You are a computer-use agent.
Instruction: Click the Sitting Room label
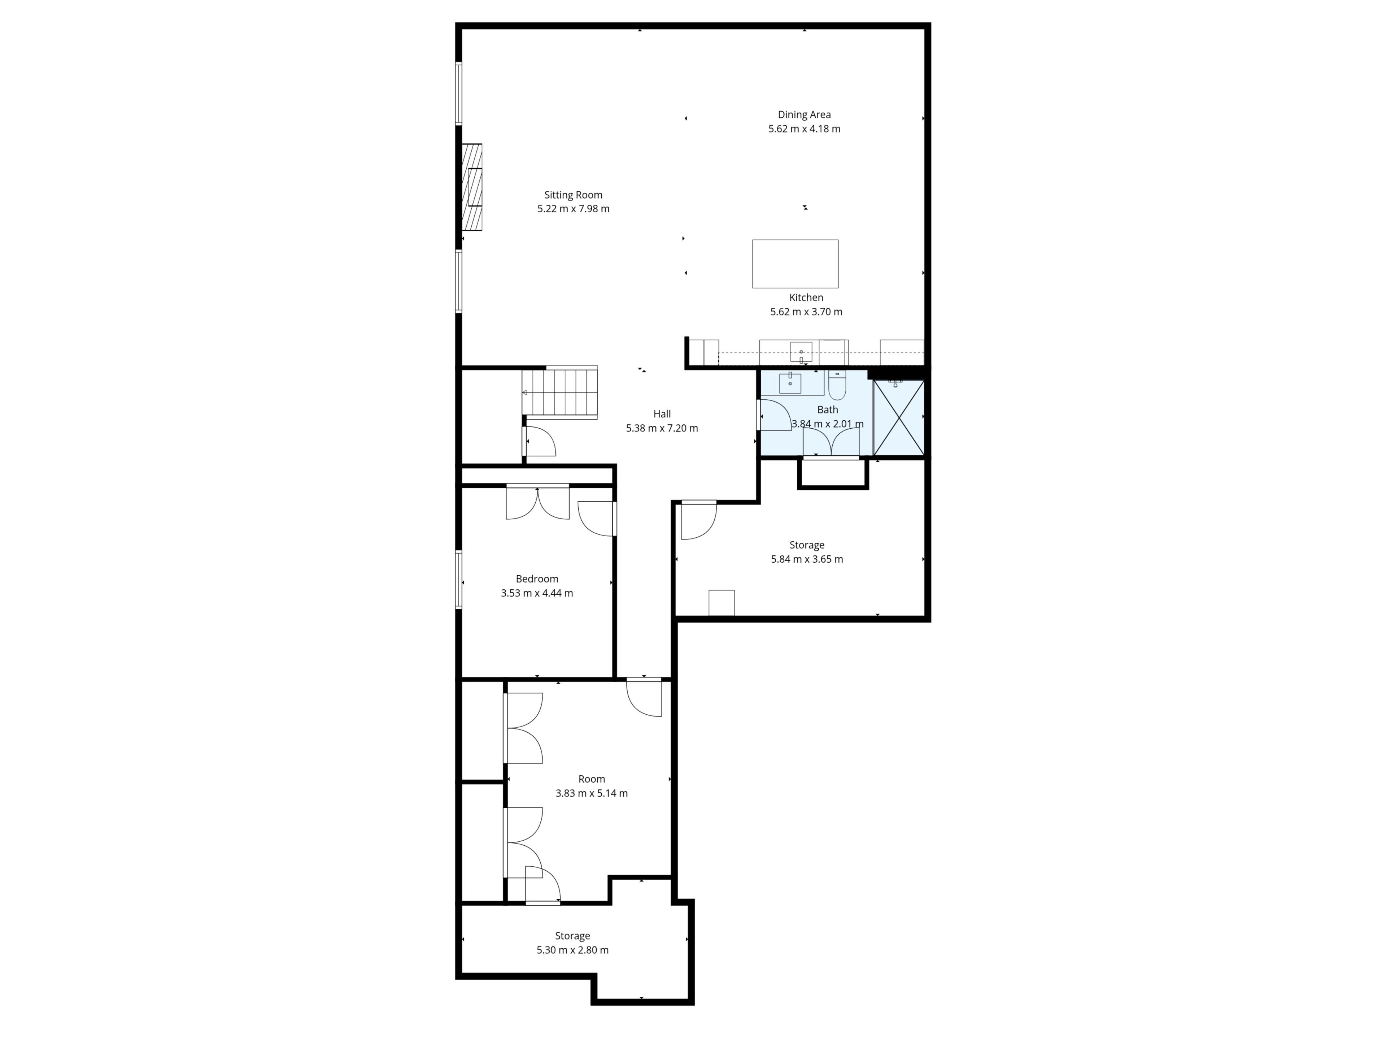click(x=573, y=195)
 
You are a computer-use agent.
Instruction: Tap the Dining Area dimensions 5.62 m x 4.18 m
click(x=805, y=129)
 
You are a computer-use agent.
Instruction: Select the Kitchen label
click(x=806, y=298)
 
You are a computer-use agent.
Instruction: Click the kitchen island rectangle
click(x=795, y=264)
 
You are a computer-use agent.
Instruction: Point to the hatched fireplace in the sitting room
click(x=472, y=187)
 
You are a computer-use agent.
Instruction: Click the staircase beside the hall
click(x=559, y=393)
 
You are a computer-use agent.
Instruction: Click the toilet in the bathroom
click(x=837, y=385)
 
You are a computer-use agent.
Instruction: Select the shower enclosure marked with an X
click(x=898, y=417)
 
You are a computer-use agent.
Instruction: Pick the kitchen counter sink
click(x=801, y=352)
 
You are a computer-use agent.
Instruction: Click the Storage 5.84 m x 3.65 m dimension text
click(x=807, y=559)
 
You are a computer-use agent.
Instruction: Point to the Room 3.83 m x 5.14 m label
click(x=592, y=786)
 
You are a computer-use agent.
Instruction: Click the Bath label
click(x=828, y=409)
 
